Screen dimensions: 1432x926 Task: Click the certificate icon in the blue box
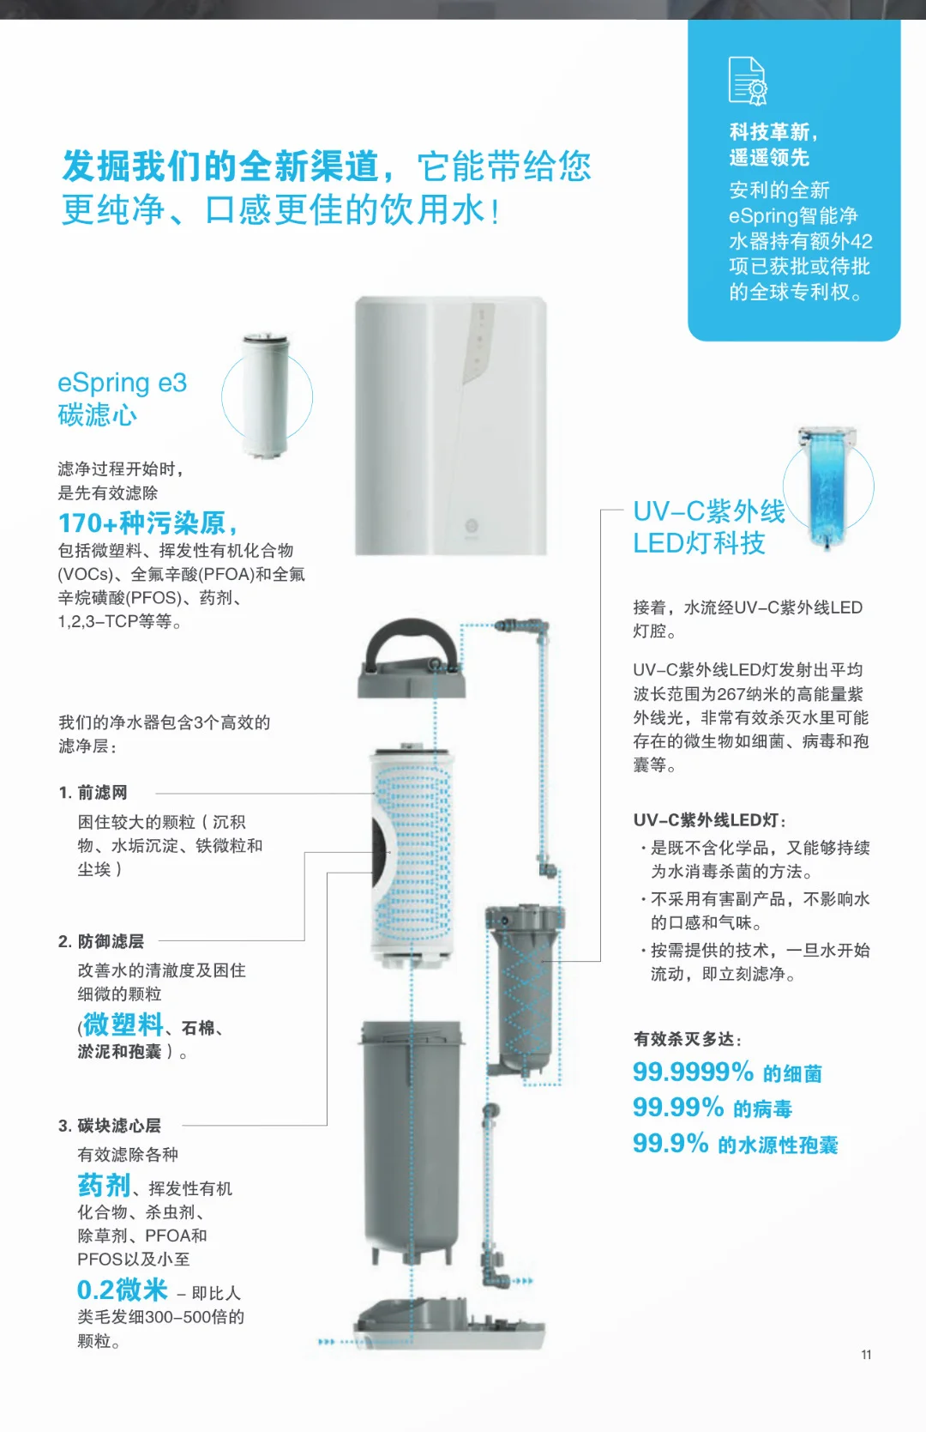pos(747,81)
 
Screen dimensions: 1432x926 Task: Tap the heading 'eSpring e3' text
pos(122,383)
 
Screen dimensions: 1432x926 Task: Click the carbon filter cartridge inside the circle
pos(266,396)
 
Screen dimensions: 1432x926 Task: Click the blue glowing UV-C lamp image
pos(827,486)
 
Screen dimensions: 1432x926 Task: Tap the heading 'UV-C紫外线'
pos(708,511)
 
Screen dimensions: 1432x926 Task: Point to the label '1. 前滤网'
pos(93,793)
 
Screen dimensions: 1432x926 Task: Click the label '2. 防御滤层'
pos(101,941)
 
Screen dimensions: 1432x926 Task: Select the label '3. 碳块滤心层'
pos(110,1126)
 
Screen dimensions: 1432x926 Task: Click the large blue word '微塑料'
pos(123,1024)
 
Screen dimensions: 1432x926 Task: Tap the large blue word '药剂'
pos(104,1186)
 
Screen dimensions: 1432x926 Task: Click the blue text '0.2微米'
pos(122,1290)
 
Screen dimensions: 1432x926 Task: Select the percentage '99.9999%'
pos(693,1072)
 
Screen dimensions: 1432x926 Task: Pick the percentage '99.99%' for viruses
pos(678,1108)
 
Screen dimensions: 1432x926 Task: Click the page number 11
pos(866,1355)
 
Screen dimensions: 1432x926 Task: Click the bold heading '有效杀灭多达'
pos(687,1039)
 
